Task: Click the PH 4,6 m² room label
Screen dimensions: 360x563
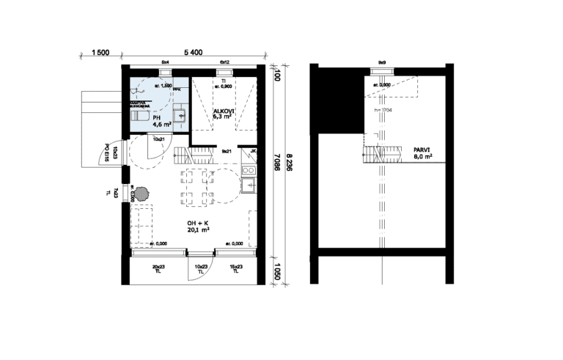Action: [161, 122]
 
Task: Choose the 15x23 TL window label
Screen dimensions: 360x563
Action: [235, 268]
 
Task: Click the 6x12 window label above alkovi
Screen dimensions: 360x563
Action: [224, 62]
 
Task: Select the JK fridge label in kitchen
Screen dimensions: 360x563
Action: [252, 152]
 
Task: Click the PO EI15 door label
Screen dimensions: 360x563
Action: [107, 153]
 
